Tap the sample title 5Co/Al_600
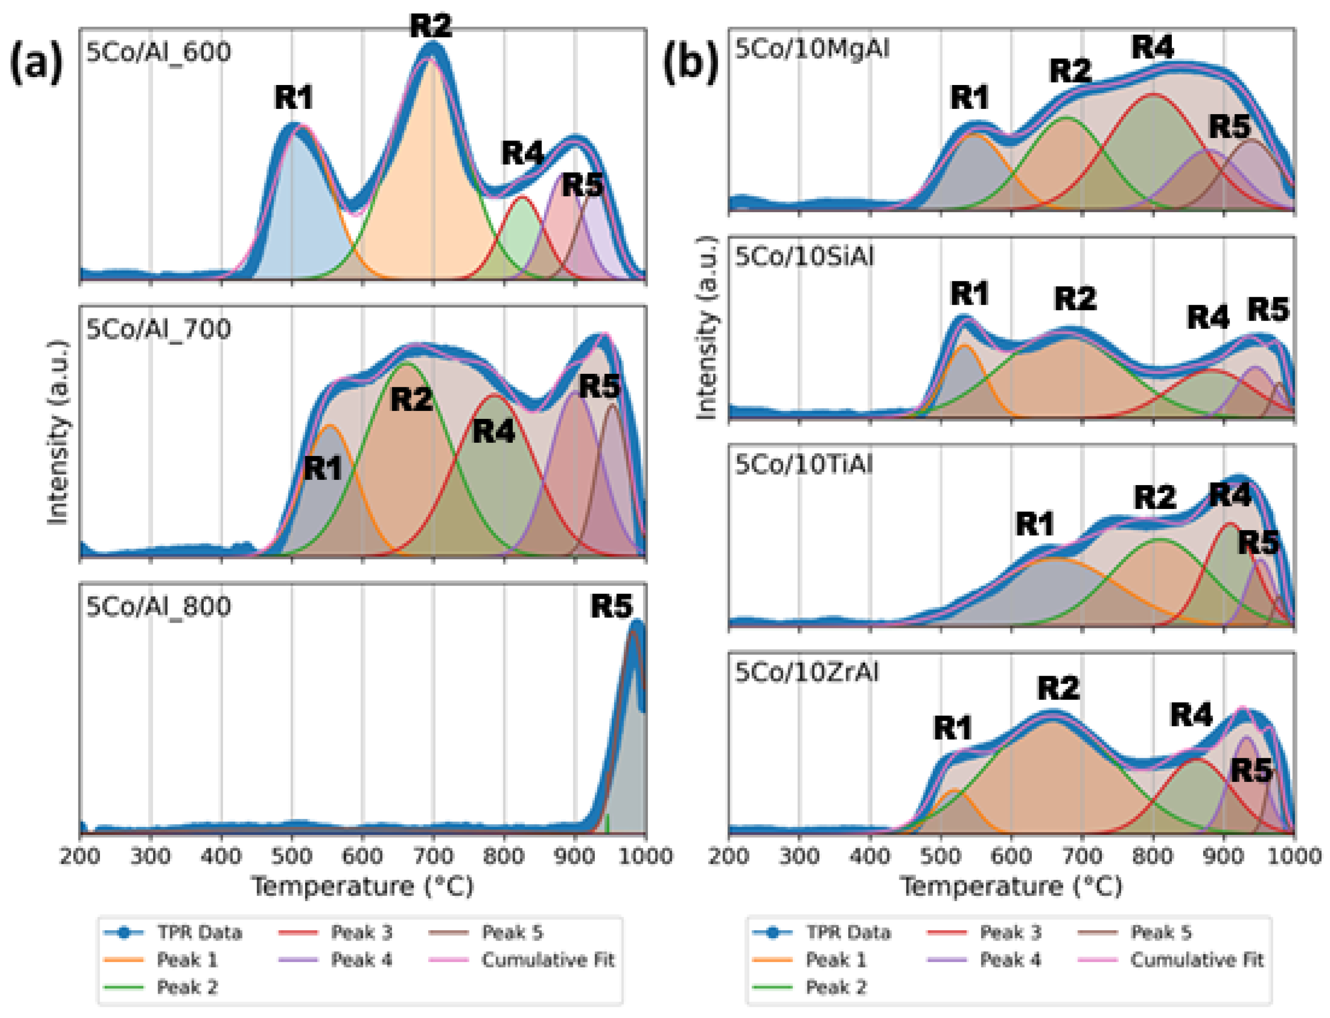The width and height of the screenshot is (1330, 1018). tap(158, 52)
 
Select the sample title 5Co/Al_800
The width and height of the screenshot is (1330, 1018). tap(158, 607)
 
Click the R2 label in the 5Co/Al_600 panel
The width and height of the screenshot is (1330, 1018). tap(431, 25)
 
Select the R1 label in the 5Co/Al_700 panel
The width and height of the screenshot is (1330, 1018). tap(323, 469)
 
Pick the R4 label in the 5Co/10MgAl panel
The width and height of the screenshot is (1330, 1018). tap(1152, 47)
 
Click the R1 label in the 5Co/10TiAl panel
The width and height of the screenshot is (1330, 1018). tap(1034, 524)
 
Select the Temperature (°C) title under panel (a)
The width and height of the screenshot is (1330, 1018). tap(362, 887)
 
